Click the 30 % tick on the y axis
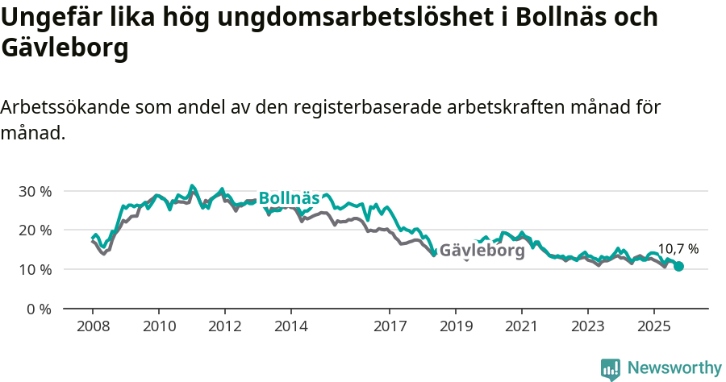(x=35, y=191)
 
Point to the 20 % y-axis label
(x=35, y=230)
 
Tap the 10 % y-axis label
(x=35, y=269)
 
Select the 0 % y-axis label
(x=38, y=309)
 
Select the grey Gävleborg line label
(x=482, y=251)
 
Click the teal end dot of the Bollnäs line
(x=679, y=267)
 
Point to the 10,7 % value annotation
(x=678, y=249)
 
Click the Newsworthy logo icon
(x=611, y=369)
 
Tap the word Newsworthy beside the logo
(x=674, y=368)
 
